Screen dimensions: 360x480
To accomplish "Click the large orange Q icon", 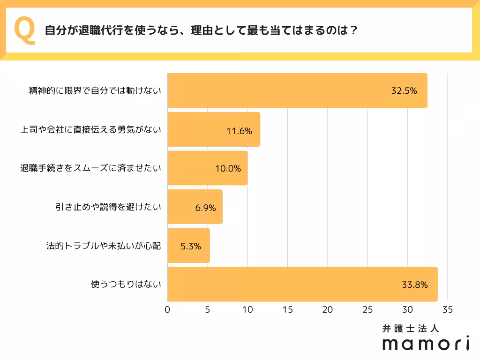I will click(26, 30).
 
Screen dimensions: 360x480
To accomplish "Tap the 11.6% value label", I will click(239, 131).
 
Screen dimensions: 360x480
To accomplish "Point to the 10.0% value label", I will click(228, 169).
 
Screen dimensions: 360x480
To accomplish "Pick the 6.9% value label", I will click(205, 208).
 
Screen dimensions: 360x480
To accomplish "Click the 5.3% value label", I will click(191, 246).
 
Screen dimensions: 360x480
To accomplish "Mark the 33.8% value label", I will click(414, 284).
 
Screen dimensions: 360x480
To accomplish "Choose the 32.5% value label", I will click(404, 91).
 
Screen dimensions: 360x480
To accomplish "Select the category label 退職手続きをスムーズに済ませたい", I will click(90, 168).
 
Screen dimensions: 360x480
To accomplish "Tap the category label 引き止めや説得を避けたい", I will click(108, 207).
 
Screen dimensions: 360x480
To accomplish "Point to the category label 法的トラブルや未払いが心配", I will click(104, 246).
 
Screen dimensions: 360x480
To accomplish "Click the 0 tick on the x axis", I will click(168, 310).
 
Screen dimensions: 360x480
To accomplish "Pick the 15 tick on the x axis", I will click(288, 310).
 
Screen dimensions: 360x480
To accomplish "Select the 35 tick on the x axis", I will click(447, 310).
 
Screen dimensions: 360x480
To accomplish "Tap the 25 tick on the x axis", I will click(367, 310).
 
